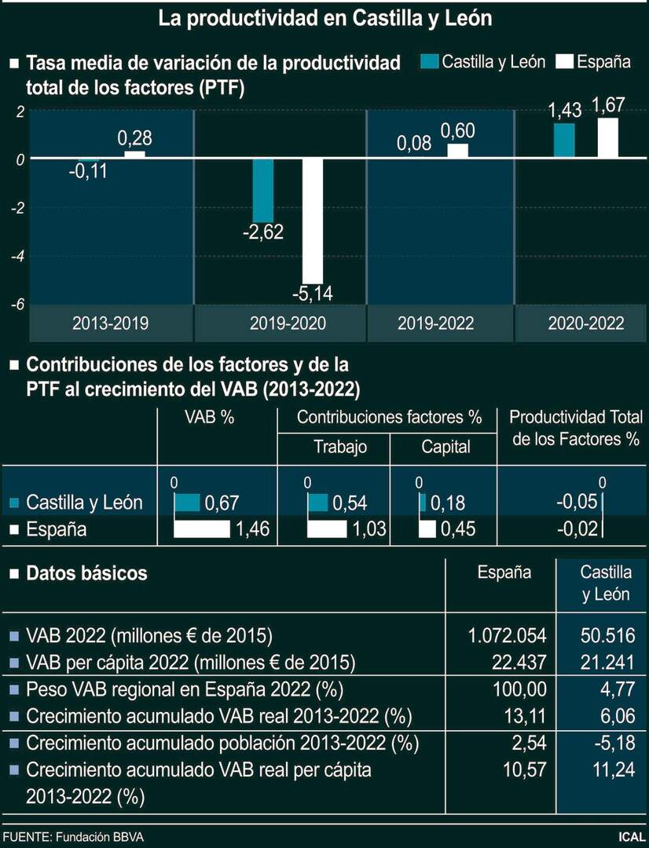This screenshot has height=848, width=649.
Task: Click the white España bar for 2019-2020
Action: click(x=313, y=221)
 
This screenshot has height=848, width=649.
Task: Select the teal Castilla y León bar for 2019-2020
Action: click(x=263, y=190)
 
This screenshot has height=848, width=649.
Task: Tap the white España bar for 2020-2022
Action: click(x=607, y=138)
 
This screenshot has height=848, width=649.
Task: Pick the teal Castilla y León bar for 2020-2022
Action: click(x=563, y=141)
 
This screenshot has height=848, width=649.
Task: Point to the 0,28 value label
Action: click(x=134, y=139)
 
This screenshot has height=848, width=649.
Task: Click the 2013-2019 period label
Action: click(x=110, y=323)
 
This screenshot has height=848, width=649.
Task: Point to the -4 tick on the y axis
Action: click(x=18, y=256)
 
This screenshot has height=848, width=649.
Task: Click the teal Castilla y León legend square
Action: click(x=428, y=61)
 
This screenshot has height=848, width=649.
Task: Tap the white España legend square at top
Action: click(x=563, y=61)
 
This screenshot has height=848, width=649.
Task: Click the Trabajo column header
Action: click(x=340, y=447)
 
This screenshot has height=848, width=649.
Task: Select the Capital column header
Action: click(x=445, y=447)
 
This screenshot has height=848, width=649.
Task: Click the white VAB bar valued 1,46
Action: click(x=202, y=529)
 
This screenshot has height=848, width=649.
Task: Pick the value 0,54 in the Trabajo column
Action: click(x=350, y=503)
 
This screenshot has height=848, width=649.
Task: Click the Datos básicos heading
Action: click(x=86, y=573)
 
